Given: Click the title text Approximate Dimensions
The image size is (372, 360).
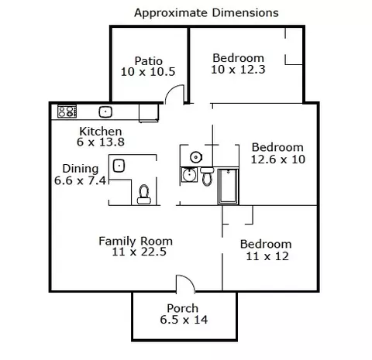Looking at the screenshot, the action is tap(206, 13).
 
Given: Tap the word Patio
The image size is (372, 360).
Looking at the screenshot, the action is tap(149, 61).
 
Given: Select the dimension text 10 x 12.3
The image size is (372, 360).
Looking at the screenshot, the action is tap(238, 70).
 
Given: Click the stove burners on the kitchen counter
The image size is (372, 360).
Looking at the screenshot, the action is tap(67, 111).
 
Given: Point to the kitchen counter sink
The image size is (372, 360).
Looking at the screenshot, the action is tap(105, 112).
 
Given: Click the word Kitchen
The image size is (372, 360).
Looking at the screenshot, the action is tap(101, 132).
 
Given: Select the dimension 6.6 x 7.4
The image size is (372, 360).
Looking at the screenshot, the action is tap(80, 180).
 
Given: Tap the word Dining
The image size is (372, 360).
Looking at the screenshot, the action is tap(81, 169).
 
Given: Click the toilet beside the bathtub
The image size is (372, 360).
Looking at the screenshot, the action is tap(207, 176).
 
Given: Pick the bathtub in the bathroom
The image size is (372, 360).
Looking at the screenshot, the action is tap(228, 187).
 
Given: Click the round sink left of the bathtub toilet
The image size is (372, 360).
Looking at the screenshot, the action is tap(189, 175).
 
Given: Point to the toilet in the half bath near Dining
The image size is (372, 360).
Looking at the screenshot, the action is tap(143, 194).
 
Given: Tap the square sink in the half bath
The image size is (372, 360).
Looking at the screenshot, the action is tap(119, 166).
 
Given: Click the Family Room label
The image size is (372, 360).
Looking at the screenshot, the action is tap(136, 241).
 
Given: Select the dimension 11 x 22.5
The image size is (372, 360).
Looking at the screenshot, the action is tap(139, 252).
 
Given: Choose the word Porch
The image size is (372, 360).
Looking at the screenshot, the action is tap(183, 308).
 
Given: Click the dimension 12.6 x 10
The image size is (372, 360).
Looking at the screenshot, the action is tap(278, 159).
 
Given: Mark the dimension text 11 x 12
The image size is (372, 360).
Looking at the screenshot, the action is tap(267, 256).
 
